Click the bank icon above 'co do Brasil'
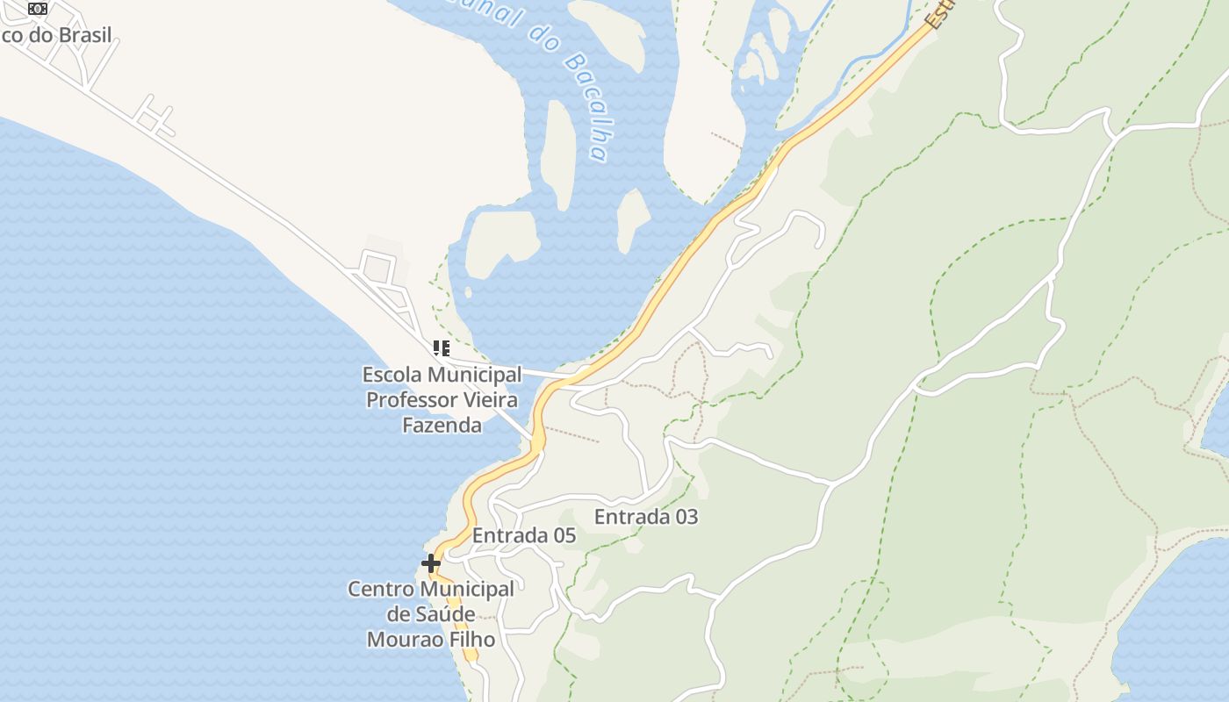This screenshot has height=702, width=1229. tap(37, 9)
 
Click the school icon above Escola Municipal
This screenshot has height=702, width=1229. tap(441, 348)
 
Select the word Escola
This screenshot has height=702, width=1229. tap(392, 375)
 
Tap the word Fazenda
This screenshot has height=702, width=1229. tap(442, 426)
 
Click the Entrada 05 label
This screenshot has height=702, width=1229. tap(523, 535)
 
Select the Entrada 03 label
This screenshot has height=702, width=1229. tap(646, 517)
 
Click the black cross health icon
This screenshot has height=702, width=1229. tap(431, 562)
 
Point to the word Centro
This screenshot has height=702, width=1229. tap(380, 589)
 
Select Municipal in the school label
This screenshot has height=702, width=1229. tap(474, 375)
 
